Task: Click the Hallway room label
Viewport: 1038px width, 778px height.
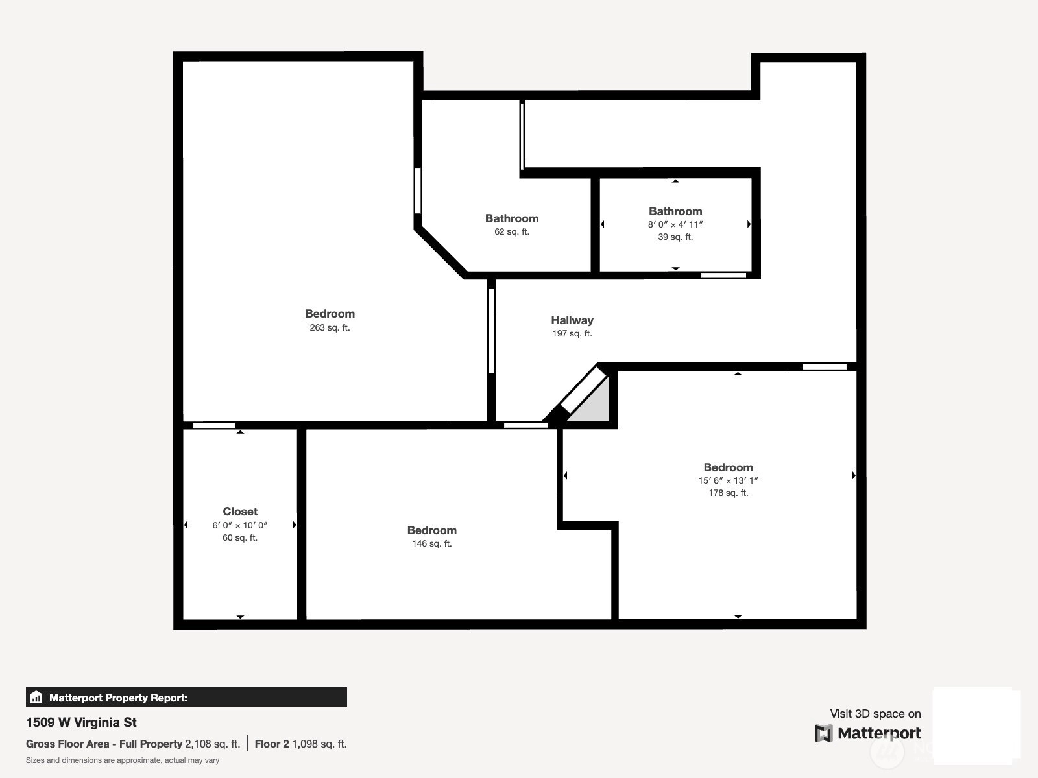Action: click(x=572, y=320)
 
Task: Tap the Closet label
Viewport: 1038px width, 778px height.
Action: click(x=240, y=512)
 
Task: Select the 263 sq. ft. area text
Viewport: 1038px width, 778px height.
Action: click(x=330, y=327)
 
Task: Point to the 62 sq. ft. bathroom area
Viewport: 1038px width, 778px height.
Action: click(x=512, y=231)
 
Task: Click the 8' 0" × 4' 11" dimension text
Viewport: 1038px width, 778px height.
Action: click(x=675, y=224)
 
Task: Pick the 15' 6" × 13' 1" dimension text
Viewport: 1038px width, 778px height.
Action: click(x=728, y=480)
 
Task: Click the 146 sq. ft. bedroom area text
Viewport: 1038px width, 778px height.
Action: click(x=432, y=543)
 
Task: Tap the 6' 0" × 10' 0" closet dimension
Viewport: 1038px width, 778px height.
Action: click(x=240, y=525)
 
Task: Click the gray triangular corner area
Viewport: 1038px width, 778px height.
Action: click(x=594, y=407)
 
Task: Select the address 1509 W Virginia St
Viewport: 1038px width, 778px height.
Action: click(x=81, y=722)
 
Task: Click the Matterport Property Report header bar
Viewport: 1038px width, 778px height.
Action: click(x=186, y=697)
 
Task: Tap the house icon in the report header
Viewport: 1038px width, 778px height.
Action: click(x=36, y=697)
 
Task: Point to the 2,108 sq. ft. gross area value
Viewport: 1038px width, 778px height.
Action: click(x=213, y=744)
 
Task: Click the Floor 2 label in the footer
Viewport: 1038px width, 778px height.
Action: click(x=272, y=744)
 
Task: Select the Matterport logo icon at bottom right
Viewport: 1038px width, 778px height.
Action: click(x=823, y=734)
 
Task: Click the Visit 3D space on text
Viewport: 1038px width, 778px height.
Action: click(x=875, y=714)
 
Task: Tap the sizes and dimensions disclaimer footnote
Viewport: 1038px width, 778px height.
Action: click(x=123, y=760)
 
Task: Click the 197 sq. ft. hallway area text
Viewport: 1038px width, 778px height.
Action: click(x=572, y=333)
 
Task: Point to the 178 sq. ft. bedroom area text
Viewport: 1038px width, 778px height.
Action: click(x=729, y=493)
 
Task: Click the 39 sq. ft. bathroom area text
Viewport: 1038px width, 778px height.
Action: click(x=675, y=237)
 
